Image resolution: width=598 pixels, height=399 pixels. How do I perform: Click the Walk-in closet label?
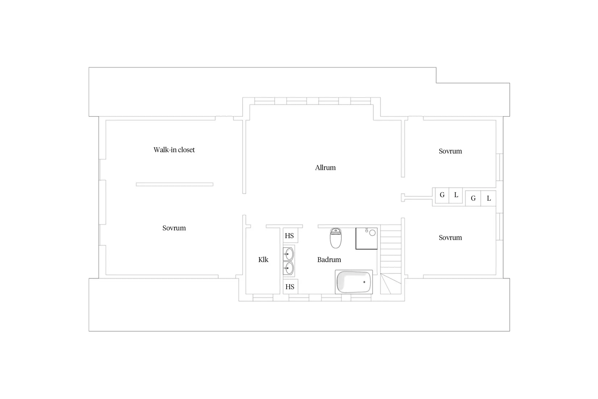coord(174,150)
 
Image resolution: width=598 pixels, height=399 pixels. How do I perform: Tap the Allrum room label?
coord(325,168)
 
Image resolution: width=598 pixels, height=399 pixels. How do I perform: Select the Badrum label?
coord(329,259)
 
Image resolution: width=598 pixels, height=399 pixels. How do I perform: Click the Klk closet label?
coord(263,259)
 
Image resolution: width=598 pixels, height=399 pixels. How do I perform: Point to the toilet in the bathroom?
coord(336,238)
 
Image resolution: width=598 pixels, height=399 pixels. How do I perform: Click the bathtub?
coord(354,282)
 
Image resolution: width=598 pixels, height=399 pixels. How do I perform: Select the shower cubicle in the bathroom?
coord(366,238)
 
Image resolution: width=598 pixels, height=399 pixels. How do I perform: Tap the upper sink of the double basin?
coord(288,254)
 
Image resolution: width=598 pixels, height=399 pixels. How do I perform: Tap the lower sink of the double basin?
coord(288,268)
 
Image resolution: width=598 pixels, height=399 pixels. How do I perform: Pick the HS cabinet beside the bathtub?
coord(290,287)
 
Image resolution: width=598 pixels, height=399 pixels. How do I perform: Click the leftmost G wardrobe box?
coord(442,195)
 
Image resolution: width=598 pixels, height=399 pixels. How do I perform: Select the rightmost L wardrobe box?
coord(489,198)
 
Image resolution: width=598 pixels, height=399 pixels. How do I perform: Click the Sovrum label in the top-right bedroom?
coord(450,151)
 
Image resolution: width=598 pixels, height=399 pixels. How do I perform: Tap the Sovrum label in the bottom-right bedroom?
coord(450,238)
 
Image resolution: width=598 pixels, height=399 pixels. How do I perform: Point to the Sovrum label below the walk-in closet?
coord(174,228)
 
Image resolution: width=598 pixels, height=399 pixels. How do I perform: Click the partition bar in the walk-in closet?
coord(175,184)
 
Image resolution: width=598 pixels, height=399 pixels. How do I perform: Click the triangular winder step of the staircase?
coord(391,284)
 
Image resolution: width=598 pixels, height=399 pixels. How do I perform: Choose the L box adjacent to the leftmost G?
coord(456,195)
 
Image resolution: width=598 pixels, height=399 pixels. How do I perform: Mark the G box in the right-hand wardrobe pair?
coord(473,198)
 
